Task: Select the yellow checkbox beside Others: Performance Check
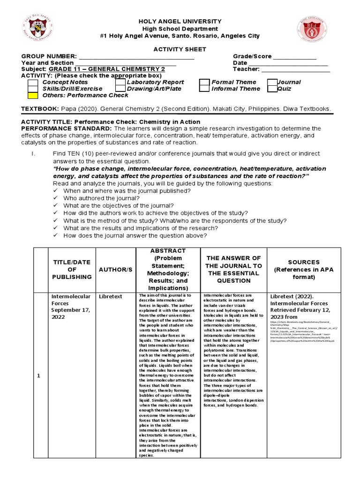pyautogui.click(x=33, y=95)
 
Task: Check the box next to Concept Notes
pyautogui.click(x=33, y=82)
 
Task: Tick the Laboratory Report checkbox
pyautogui.click(x=120, y=82)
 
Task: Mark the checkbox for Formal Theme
pyautogui.click(x=204, y=82)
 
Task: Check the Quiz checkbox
pyautogui.click(x=272, y=89)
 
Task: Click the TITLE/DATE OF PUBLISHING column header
pyautogui.click(x=72, y=270)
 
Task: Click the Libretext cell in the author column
pyautogui.click(x=110, y=296)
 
